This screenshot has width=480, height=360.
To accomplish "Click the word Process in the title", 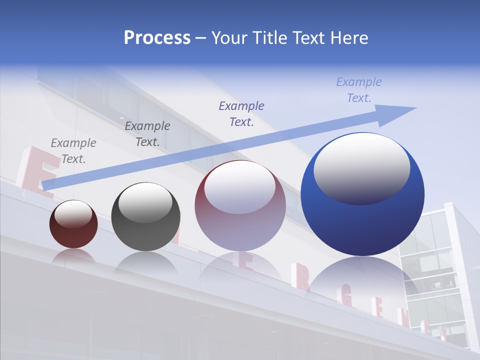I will pos(157,38).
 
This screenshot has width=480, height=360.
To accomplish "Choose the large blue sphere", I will pos(362,220).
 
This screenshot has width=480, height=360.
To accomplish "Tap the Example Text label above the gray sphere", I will pos(147,134).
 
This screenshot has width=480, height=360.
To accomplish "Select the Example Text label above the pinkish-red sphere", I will pos(241,113).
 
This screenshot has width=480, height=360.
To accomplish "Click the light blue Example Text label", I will pos(359,90).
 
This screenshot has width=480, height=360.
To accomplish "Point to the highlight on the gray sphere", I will pos(145,202).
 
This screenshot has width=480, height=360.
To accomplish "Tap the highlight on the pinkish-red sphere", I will pos(240,187).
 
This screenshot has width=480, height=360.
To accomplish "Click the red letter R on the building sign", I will pos(302,280).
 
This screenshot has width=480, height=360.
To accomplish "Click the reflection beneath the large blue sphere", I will pos(362,280).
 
